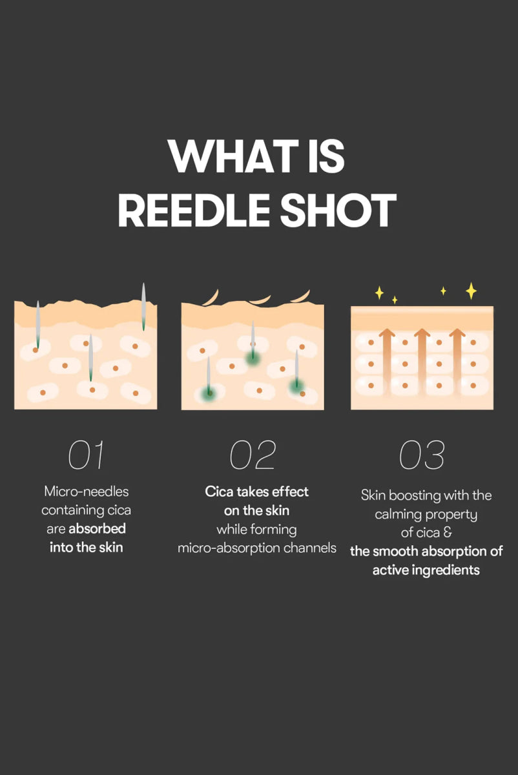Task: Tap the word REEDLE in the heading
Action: (198, 211)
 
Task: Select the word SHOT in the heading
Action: (342, 211)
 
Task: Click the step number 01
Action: (86, 455)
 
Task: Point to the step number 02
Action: (253, 455)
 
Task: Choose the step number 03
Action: (422, 455)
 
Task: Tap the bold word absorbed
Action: (97, 529)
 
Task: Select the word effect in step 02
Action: (289, 491)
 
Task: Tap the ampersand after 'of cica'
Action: (447, 533)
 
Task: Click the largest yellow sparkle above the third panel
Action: (471, 291)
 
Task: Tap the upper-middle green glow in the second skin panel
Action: (252, 357)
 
